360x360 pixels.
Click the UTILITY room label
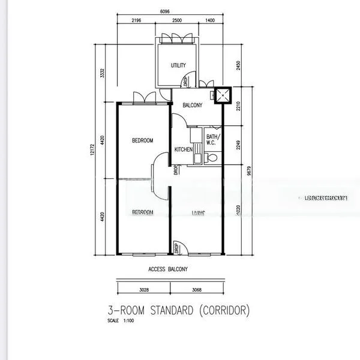pyautogui.click(x=178, y=65)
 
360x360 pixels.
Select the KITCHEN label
pyautogui.click(x=184, y=149)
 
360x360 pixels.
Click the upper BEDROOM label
pyautogui.click(x=142, y=140)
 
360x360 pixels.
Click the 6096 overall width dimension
pyautogui.click(x=165, y=10)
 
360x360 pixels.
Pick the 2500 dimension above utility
pyautogui.click(x=177, y=21)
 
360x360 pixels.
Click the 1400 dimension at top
pyautogui.click(x=209, y=21)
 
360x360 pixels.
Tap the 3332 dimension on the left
pyautogui.click(x=103, y=73)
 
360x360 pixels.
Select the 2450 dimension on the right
pyautogui.click(x=238, y=65)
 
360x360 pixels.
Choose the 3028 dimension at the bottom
pyautogui.click(x=144, y=290)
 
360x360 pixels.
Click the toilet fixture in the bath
pyautogui.click(x=211, y=157)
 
